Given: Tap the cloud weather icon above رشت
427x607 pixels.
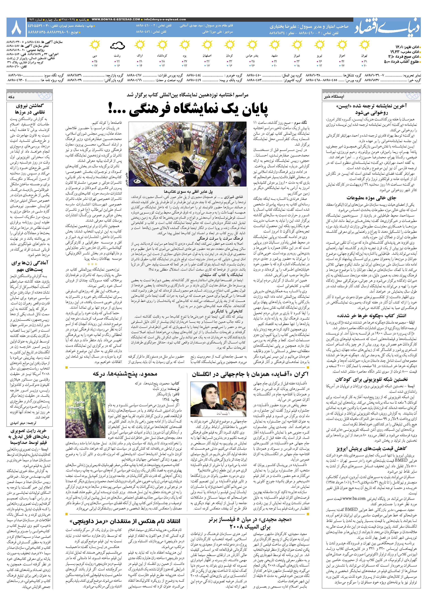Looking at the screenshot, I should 117,46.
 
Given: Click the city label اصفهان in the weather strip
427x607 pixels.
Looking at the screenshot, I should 207,56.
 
